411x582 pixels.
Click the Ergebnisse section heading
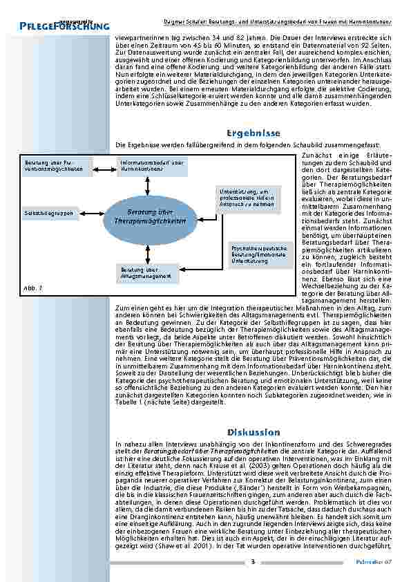[x=253, y=133]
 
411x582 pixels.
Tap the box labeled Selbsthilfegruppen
[x=49, y=213]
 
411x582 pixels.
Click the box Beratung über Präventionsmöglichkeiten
[x=56, y=166]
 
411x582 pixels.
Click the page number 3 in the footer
[x=253, y=561]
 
